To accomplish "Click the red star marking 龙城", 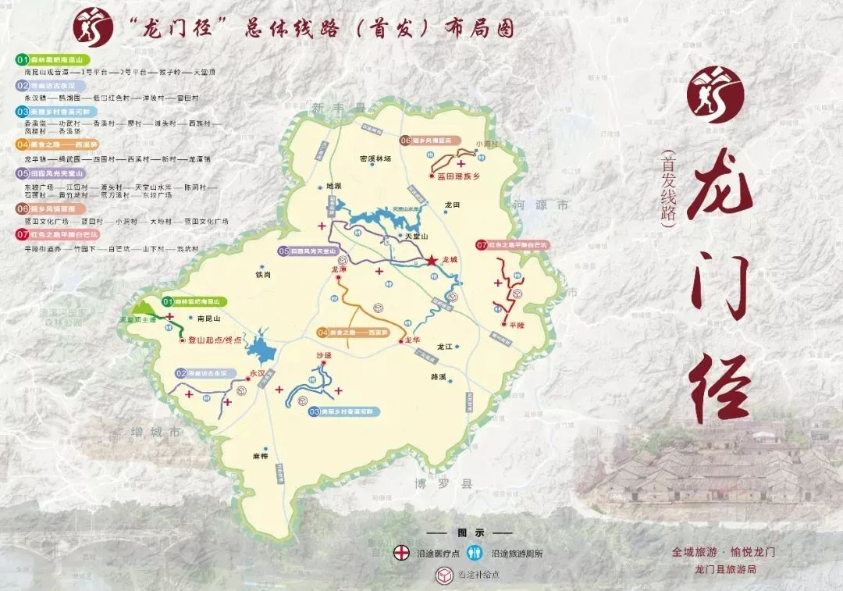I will [432, 260].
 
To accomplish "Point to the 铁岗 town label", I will [262, 275].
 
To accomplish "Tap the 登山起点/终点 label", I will [216, 340].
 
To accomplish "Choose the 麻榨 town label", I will [260, 455].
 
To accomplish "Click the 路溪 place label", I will [438, 376].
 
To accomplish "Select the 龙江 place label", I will [445, 345].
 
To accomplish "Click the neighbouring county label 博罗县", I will [444, 484].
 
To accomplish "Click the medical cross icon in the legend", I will [400, 553].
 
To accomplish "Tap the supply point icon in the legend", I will [444, 575].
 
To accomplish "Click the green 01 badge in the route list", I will [22, 59].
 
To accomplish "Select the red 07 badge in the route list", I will [22, 234].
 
